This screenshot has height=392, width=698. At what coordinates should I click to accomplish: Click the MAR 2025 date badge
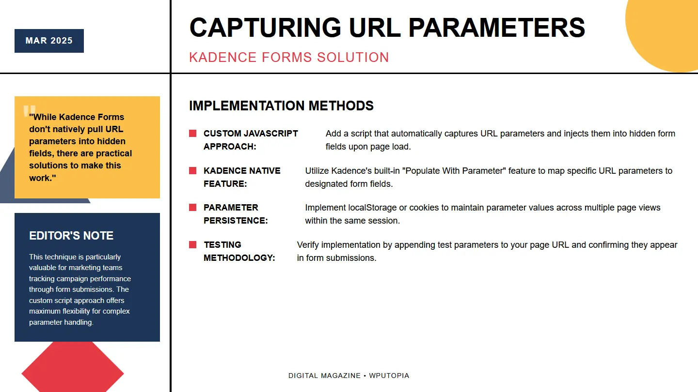[x=49, y=41]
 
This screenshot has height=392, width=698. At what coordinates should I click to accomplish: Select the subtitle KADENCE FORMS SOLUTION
[x=289, y=57]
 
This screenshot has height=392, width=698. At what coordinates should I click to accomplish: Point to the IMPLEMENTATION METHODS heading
[x=281, y=106]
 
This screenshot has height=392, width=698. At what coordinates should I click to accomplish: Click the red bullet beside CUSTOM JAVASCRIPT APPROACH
[x=193, y=134]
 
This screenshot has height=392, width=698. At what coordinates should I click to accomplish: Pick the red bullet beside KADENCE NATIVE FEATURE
[x=193, y=171]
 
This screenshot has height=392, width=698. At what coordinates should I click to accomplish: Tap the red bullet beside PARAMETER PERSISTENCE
[x=193, y=208]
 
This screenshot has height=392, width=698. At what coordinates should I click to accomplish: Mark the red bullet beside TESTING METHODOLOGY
[x=193, y=245]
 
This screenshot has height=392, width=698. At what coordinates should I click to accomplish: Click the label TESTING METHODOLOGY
[x=239, y=251]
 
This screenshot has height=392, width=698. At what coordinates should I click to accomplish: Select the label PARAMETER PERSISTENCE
[x=235, y=214]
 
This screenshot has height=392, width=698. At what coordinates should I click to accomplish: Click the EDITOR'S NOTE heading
[x=71, y=236]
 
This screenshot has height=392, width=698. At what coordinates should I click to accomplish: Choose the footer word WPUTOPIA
[x=389, y=376]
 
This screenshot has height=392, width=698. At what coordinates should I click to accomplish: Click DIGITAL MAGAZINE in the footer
[x=324, y=376]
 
